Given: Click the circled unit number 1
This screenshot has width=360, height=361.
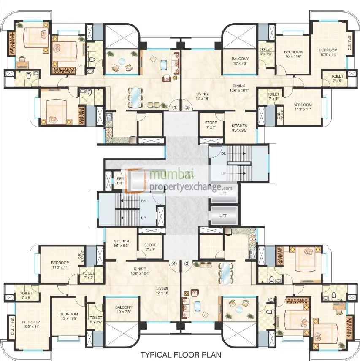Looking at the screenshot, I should pyautogui.click(x=175, y=107).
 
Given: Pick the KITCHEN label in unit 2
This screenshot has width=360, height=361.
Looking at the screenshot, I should pyautogui.click(x=239, y=128).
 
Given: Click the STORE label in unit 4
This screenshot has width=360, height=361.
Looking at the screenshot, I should pyautogui.click(x=150, y=247).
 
